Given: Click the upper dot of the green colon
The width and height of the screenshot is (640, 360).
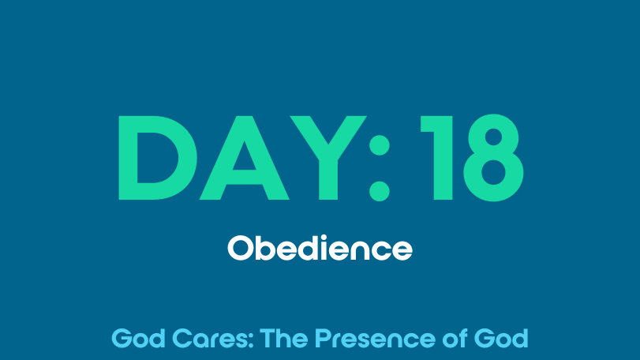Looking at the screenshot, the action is click(379, 145).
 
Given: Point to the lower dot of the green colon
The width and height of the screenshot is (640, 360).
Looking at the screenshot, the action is click(379, 191).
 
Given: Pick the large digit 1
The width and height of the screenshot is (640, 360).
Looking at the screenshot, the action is click(443, 158).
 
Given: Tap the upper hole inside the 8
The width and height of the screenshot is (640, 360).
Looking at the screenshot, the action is click(493, 137).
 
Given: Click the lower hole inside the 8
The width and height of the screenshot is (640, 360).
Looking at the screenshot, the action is click(493, 172).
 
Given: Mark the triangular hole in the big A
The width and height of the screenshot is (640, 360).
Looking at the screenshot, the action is click(244, 159).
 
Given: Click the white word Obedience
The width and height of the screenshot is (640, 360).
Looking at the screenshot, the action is click(320, 247).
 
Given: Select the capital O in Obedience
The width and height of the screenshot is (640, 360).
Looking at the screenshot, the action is click(240, 248).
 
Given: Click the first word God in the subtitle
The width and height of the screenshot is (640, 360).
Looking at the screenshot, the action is click(138, 339).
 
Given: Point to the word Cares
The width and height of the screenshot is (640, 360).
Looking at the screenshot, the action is click(210, 339).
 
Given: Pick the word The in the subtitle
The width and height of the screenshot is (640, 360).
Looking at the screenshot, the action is click(283, 339).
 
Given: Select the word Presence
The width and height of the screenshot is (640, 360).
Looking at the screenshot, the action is click(375, 339).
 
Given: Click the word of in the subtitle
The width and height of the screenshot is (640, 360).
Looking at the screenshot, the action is click(455, 339).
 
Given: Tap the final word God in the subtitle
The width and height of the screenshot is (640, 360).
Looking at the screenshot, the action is click(501, 339).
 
